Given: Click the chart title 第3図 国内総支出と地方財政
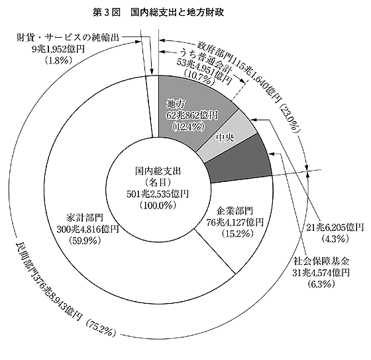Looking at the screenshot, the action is [x=158, y=13].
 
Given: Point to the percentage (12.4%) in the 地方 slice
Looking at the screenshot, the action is [x=189, y=127].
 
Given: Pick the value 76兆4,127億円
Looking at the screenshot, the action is [x=235, y=222].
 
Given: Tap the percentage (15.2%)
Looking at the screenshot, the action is [x=235, y=234].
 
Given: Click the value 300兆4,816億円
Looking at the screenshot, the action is [x=87, y=229].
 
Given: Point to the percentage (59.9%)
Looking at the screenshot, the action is [x=85, y=240].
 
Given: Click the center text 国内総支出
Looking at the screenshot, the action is [x=158, y=171].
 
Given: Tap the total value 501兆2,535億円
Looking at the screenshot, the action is [x=158, y=194].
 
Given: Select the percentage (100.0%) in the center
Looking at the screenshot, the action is [x=158, y=205].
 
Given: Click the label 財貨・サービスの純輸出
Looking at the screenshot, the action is [x=68, y=38].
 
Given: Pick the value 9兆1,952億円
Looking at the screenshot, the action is [x=58, y=49].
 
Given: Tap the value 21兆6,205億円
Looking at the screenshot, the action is [x=335, y=228].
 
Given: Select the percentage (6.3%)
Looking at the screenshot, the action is [x=321, y=285].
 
